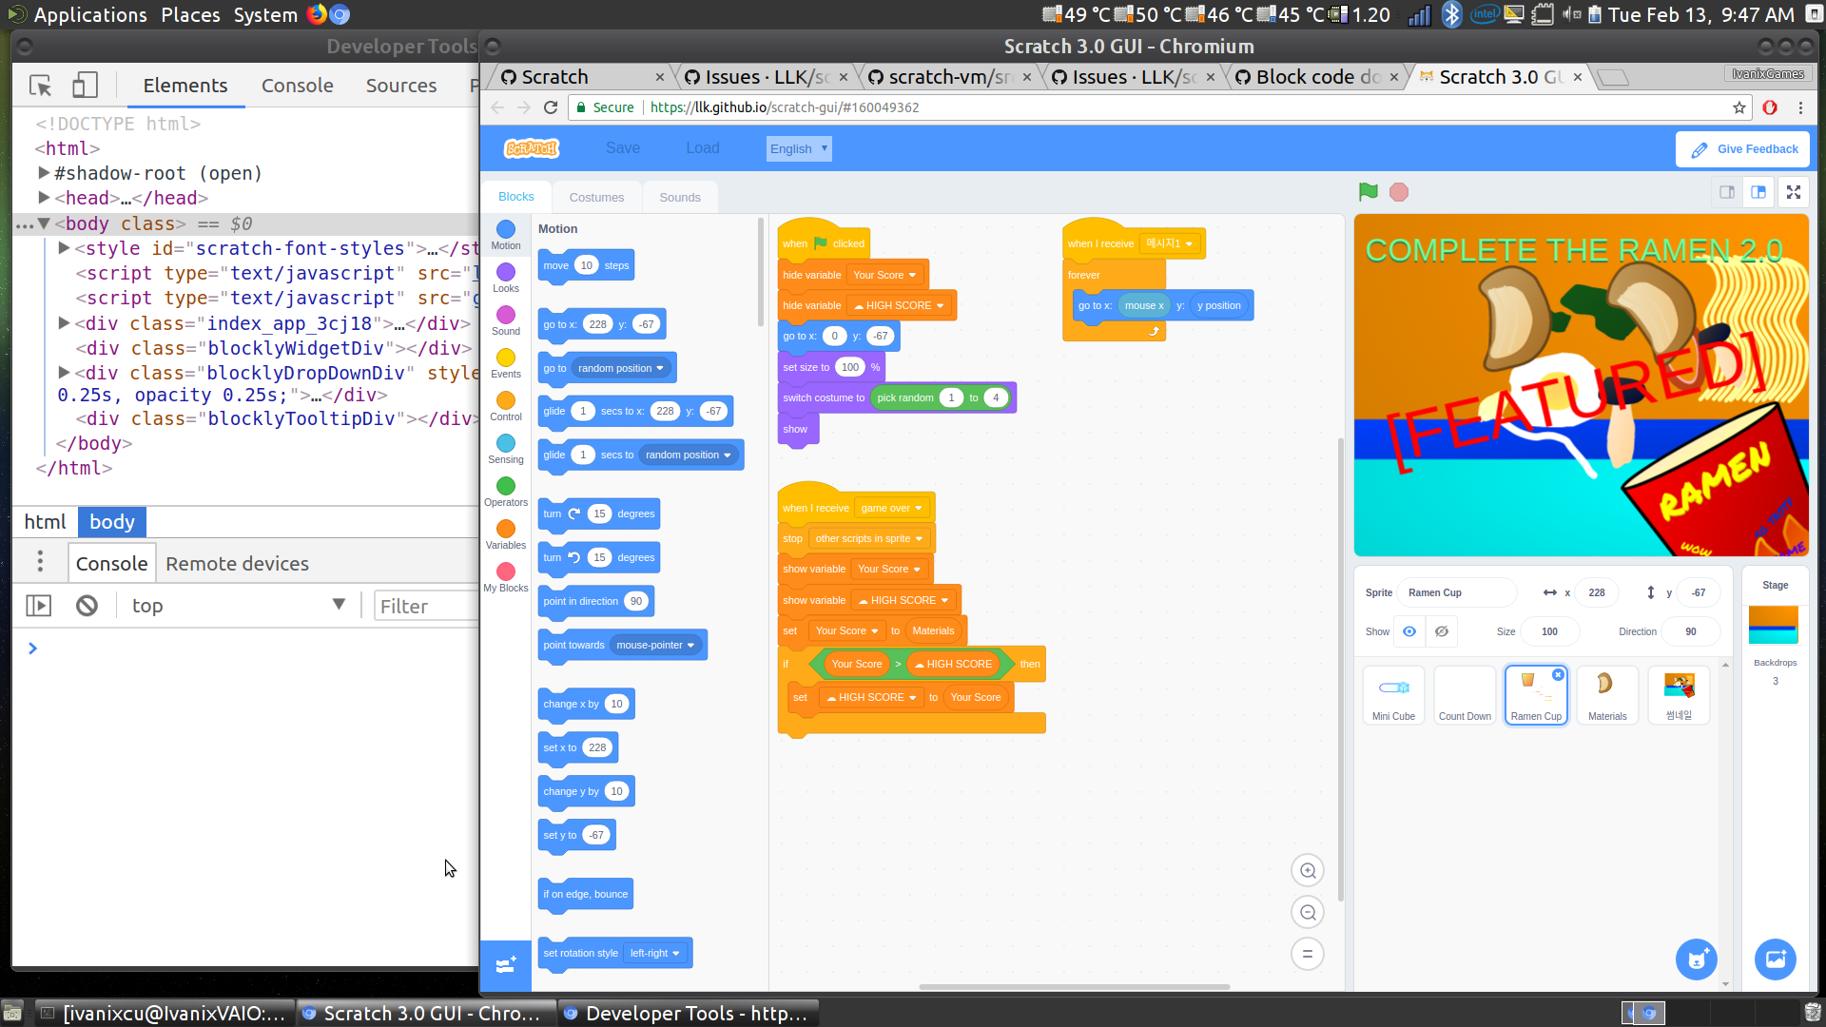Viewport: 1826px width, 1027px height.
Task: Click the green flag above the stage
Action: click(1368, 192)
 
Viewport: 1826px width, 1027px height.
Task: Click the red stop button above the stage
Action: click(1398, 192)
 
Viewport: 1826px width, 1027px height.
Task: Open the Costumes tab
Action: click(596, 197)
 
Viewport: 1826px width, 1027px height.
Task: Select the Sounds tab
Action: click(679, 197)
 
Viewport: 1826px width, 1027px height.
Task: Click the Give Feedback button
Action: click(1743, 149)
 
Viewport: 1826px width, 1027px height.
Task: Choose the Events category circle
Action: click(506, 358)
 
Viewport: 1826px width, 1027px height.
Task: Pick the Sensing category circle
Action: click(506, 444)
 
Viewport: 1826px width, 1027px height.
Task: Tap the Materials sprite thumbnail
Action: click(1607, 695)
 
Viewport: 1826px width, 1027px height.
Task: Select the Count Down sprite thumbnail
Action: click(1465, 695)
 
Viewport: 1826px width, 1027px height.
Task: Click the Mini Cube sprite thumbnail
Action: click(1393, 695)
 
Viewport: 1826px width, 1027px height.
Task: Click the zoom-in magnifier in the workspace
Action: click(1308, 870)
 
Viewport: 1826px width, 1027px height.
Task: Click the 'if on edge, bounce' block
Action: click(585, 894)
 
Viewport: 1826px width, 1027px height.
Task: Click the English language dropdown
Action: click(799, 148)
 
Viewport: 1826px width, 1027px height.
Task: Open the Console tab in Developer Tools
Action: click(297, 86)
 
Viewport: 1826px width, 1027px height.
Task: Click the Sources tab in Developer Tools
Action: click(400, 86)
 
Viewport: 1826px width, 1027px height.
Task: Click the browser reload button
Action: click(550, 107)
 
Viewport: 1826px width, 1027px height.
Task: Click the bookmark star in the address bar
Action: click(1739, 107)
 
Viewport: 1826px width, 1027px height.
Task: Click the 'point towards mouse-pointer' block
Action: click(574, 646)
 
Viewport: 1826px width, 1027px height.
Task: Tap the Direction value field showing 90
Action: click(1690, 631)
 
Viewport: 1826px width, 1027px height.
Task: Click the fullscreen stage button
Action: click(1793, 192)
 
